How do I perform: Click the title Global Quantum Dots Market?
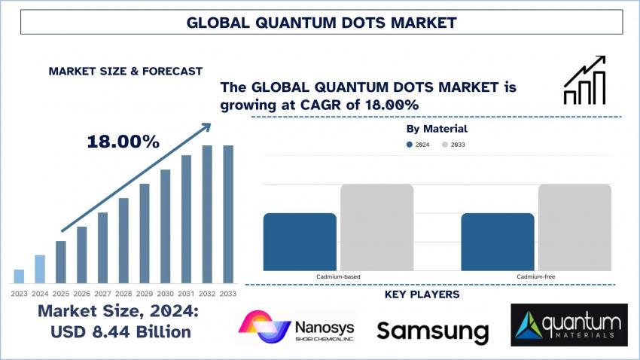click(x=320, y=23)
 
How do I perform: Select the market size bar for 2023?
click(x=19, y=276)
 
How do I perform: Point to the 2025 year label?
click(x=61, y=293)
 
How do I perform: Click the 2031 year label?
click(x=186, y=293)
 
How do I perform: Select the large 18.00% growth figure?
click(x=123, y=141)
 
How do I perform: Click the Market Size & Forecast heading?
click(x=125, y=71)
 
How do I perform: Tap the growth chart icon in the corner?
click(x=585, y=80)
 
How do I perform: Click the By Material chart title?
click(x=437, y=129)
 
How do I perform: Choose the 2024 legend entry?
click(x=418, y=144)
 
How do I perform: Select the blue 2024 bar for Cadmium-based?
click(x=300, y=242)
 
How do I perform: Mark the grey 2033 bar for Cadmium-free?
click(x=574, y=227)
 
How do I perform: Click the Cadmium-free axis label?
click(x=536, y=277)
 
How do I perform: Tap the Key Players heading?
click(x=422, y=294)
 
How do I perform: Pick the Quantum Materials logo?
click(x=569, y=325)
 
